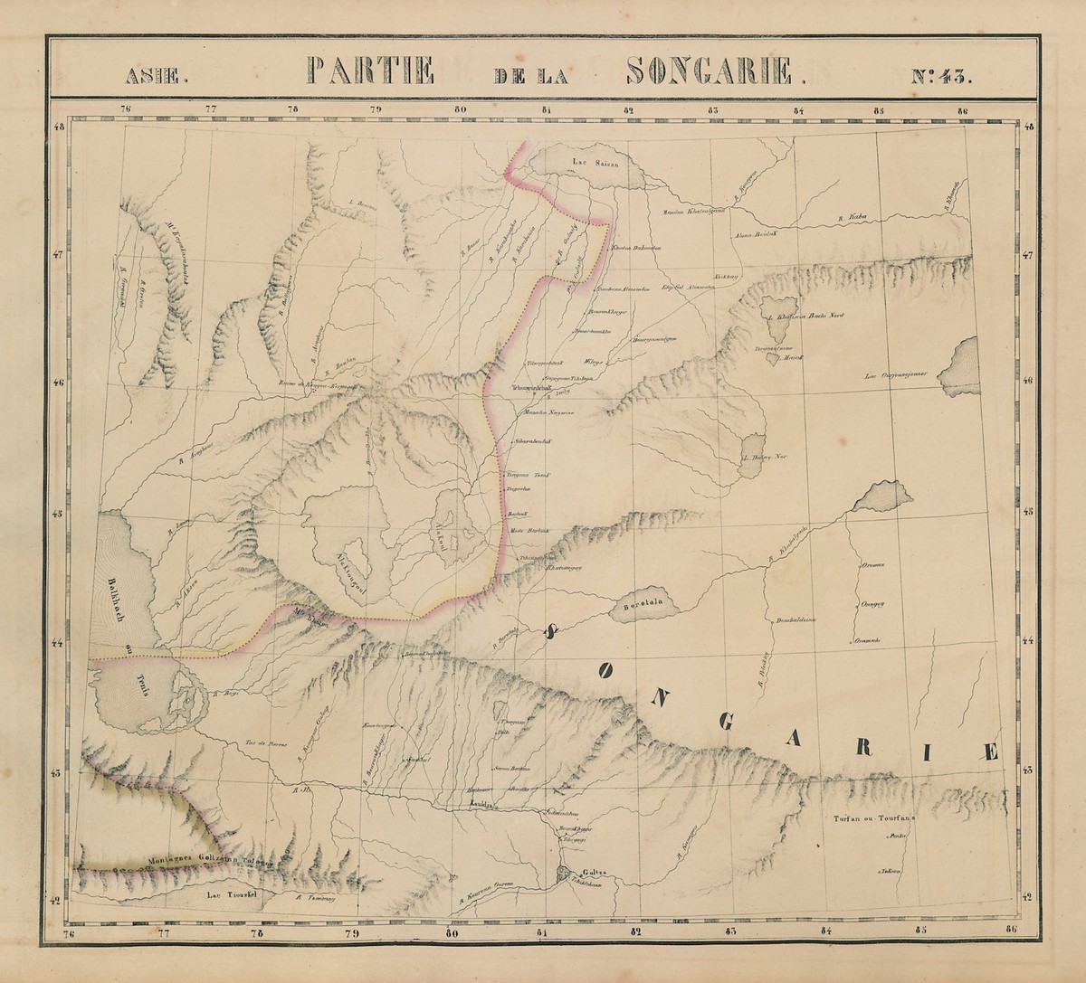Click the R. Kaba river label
pyautogui.click(x=848, y=217)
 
